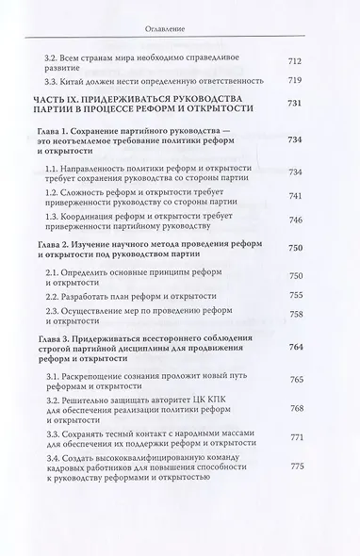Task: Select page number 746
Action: coord(295,218)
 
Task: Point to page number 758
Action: coord(295,313)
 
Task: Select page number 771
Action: coord(295,465)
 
